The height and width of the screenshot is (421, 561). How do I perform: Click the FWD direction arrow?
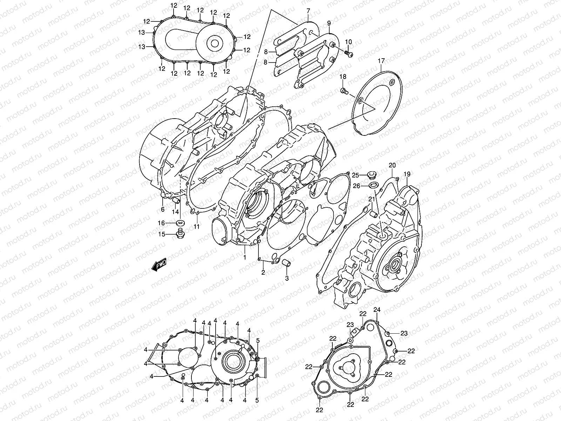159,264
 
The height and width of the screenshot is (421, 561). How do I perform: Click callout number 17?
381,61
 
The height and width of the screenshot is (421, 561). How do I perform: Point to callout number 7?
308,11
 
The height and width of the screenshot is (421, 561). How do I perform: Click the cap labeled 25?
372,175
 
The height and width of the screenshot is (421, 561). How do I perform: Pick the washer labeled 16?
181,223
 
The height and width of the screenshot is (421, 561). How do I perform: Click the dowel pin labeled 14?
176,200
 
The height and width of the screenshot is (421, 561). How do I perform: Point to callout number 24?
377,309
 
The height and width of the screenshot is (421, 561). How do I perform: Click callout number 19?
407,174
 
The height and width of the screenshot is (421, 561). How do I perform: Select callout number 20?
392,165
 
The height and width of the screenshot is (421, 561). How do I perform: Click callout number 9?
329,23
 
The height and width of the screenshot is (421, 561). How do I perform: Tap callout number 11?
197,227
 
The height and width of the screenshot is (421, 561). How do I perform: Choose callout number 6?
163,209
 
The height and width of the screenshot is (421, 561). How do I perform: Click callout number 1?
245,258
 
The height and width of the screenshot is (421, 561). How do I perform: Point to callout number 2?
263,273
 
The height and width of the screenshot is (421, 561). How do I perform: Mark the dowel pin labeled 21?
374,214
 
